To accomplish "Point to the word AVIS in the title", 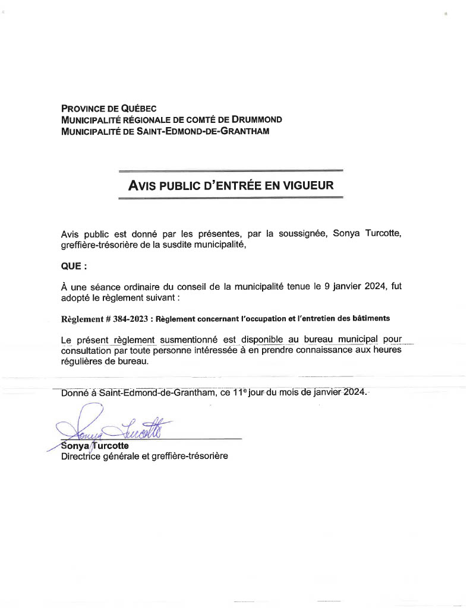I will point(143,185).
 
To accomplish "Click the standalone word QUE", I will point(69,267).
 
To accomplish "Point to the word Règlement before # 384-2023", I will point(81,318).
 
